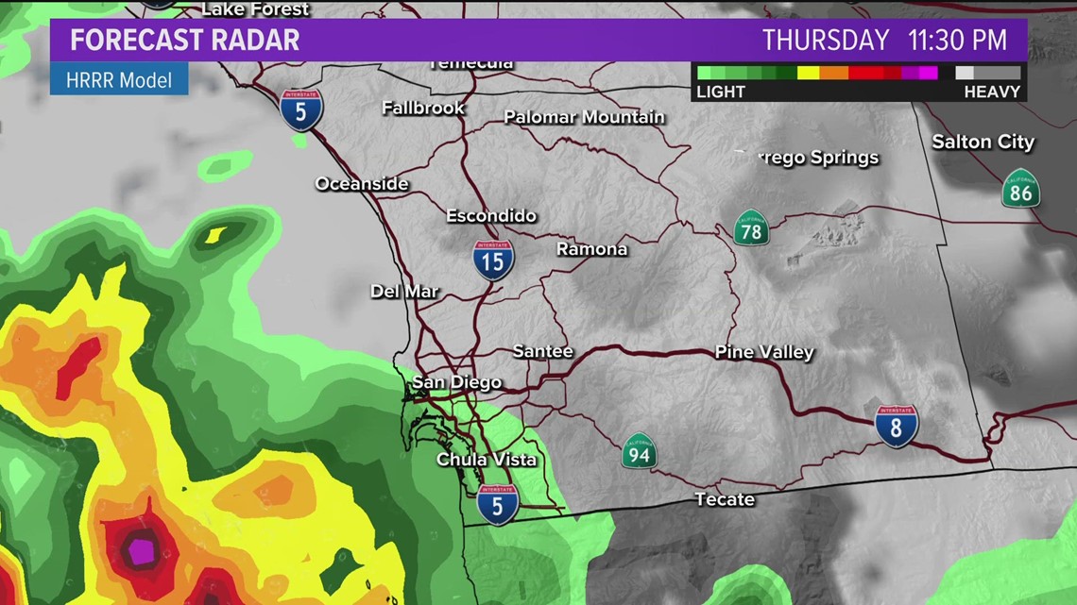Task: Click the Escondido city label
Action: tap(491, 216)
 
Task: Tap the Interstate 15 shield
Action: tap(494, 260)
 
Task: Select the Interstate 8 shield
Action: tap(896, 426)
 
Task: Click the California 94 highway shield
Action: tap(639, 451)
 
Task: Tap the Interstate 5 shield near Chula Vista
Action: tap(498, 504)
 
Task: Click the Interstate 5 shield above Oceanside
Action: tap(301, 109)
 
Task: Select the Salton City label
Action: tap(983, 143)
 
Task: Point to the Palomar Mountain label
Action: tap(584, 118)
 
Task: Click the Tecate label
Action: tap(725, 499)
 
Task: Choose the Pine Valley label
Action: tap(764, 352)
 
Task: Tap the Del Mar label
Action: tap(404, 292)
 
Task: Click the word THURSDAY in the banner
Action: tap(826, 41)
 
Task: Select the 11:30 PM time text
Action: tap(957, 41)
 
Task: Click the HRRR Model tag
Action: tap(119, 80)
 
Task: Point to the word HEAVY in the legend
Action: tap(992, 92)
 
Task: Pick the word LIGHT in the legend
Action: tap(721, 92)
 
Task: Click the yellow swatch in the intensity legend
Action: tap(808, 73)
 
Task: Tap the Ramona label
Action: tap(591, 249)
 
